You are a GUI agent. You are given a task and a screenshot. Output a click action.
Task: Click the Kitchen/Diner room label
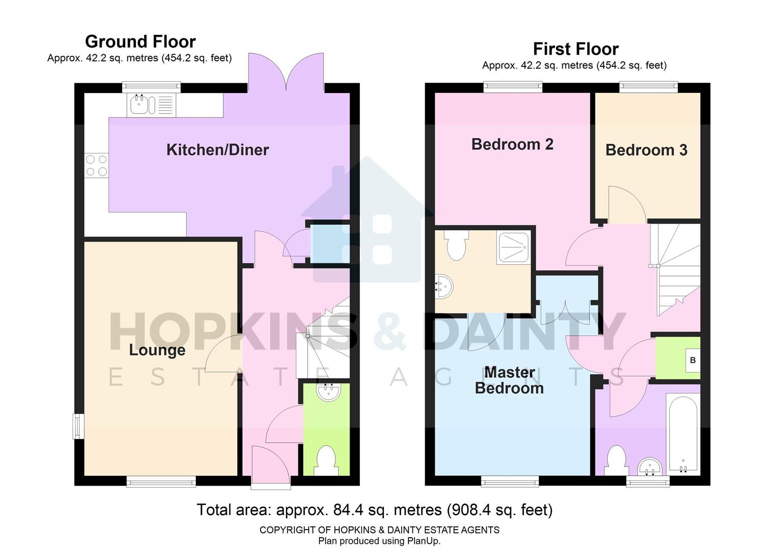(217, 150)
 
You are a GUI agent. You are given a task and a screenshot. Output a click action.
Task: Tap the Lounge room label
(157, 350)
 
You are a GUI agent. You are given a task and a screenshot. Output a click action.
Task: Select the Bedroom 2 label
(512, 145)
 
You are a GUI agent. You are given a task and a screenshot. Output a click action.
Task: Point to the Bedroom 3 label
(646, 150)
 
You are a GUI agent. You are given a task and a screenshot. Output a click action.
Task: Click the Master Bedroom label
(509, 380)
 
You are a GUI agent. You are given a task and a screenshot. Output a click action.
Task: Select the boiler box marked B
(693, 360)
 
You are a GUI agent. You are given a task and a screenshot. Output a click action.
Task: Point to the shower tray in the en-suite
(513, 248)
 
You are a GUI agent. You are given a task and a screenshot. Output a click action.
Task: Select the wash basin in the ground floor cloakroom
(327, 392)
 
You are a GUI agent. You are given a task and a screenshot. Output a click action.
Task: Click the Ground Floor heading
(140, 41)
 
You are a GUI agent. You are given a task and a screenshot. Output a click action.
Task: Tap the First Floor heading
(576, 49)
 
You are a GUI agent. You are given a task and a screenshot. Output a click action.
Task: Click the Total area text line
(375, 510)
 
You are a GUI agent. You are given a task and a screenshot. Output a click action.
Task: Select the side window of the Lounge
(78, 426)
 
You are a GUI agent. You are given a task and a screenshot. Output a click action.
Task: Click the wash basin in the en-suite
(444, 288)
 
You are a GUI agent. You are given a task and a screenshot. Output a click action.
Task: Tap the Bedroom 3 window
(648, 87)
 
